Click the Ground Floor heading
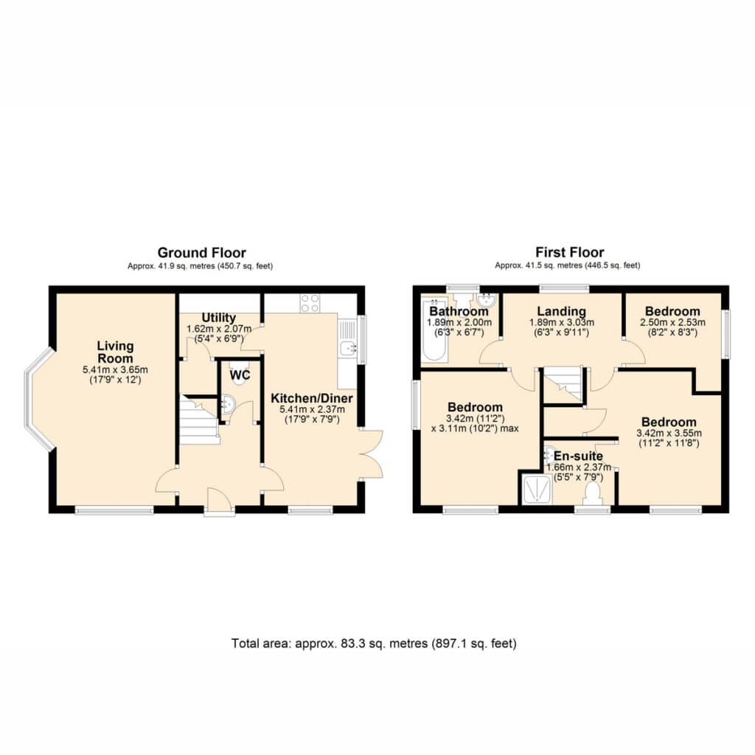pyautogui.click(x=202, y=253)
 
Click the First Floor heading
pyautogui.click(x=570, y=252)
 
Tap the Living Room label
pyautogui.click(x=115, y=352)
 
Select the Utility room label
pyautogui.click(x=218, y=318)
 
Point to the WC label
pyautogui.click(x=240, y=375)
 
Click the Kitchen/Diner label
pyautogui.click(x=312, y=398)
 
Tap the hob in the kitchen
pyautogui.click(x=310, y=303)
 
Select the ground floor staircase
pyautogui.click(x=199, y=420)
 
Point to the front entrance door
pyautogui.click(x=220, y=502)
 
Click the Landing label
pyautogui.click(x=561, y=311)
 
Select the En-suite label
pyautogui.click(x=578, y=456)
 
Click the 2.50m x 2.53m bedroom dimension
pyautogui.click(x=672, y=323)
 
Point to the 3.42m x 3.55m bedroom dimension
pyautogui.click(x=669, y=433)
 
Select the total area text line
pyautogui.click(x=374, y=643)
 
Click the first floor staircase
pyautogui.click(x=563, y=383)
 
